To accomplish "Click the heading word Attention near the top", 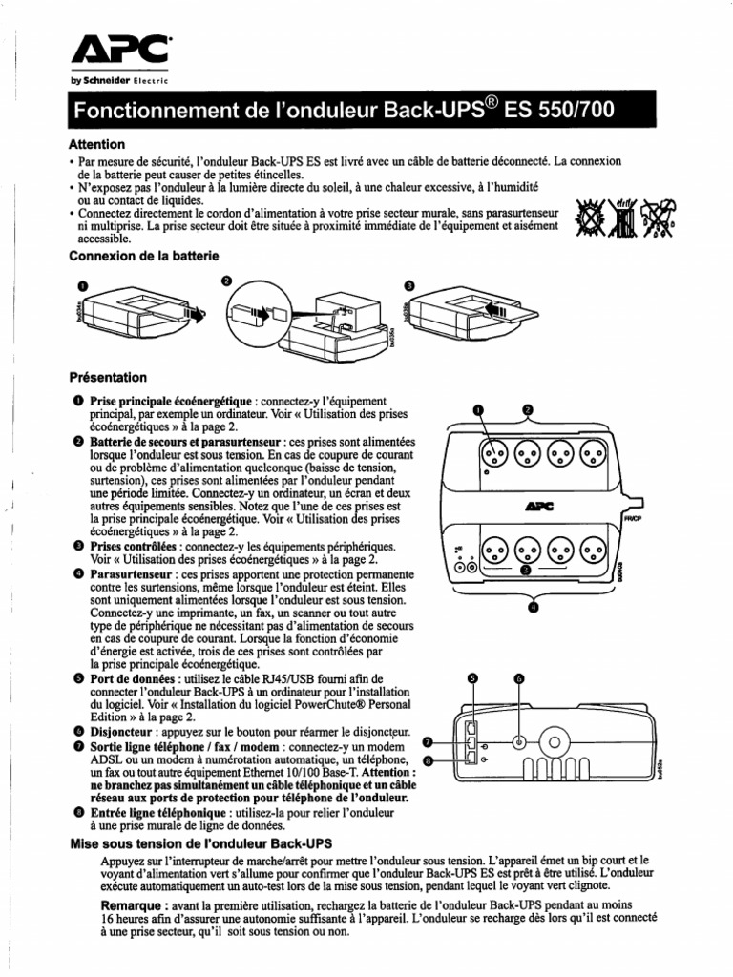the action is click(x=96, y=144).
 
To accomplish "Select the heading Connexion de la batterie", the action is click(x=144, y=256).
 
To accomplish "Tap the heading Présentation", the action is click(x=108, y=377).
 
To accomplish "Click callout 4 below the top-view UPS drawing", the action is click(x=532, y=606).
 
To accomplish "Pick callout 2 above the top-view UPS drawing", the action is click(x=527, y=409).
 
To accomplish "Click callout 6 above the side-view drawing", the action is click(x=519, y=677).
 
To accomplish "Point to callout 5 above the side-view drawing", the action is click(x=471, y=677).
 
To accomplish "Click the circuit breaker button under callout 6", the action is click(x=518, y=741).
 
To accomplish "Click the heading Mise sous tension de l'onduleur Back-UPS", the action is click(x=198, y=844).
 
